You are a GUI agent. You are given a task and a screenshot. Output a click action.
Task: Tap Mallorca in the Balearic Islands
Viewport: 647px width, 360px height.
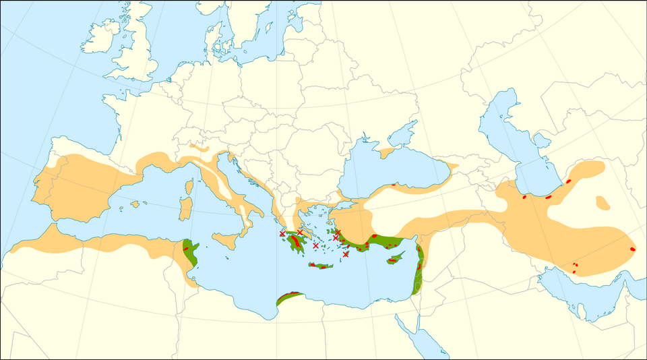click(135, 204)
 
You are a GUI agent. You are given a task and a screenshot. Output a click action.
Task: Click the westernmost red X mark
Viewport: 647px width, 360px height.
click(282, 234)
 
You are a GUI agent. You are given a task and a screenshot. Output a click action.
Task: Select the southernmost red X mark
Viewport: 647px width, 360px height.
click(346, 254)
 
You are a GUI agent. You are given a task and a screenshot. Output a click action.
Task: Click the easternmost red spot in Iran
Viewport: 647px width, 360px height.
click(632, 249)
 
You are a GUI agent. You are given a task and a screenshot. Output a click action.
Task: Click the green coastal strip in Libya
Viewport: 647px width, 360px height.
click(290, 296)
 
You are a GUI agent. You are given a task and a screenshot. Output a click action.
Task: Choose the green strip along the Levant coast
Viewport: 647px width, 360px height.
click(419, 266)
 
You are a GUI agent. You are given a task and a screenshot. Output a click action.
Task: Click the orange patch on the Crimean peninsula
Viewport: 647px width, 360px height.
click(386, 153)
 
